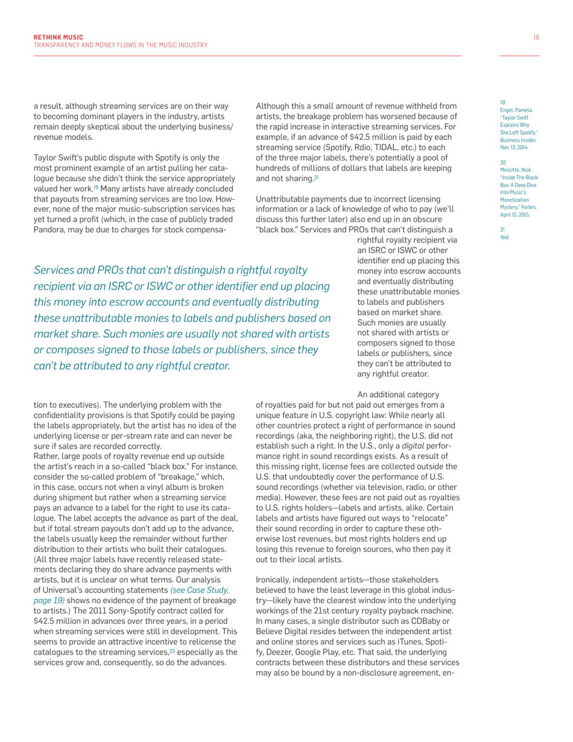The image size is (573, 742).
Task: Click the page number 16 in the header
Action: coord(536,37)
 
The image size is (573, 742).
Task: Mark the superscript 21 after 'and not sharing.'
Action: coord(315,178)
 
